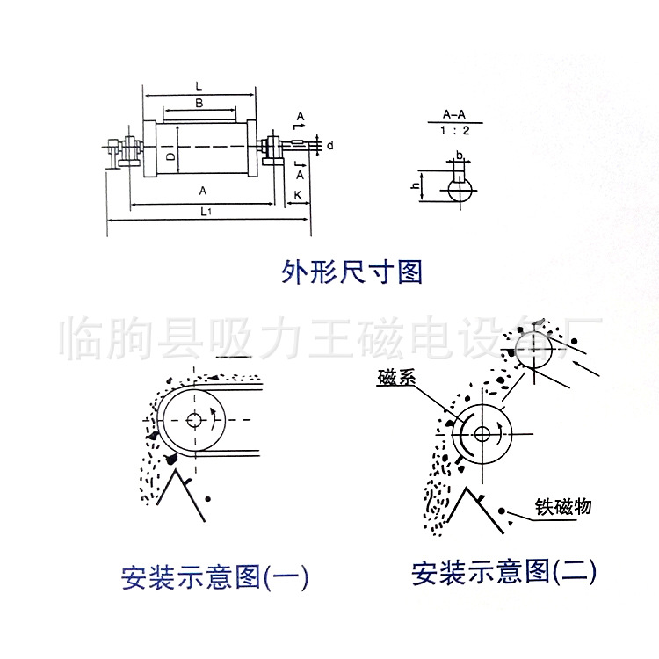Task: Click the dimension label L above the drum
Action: coord(199,86)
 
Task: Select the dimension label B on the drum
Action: coord(199,104)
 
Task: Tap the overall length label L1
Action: coord(205,211)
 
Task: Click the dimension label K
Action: coord(299,194)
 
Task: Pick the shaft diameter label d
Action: coord(329,145)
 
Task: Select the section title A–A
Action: coord(454,114)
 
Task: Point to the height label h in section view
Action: coord(415,186)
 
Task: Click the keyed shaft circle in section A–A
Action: coord(459,189)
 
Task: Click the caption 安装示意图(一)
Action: coord(214,577)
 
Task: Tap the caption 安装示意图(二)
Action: coord(503,574)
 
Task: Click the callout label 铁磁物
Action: coord(563,507)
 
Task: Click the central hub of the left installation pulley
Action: coord(194,419)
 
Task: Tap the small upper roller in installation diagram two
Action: coord(535,350)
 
